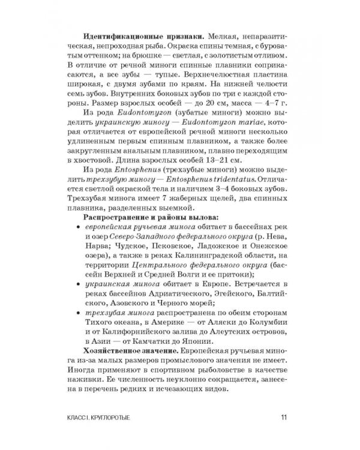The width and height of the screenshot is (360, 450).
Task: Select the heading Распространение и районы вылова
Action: [150, 216]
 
